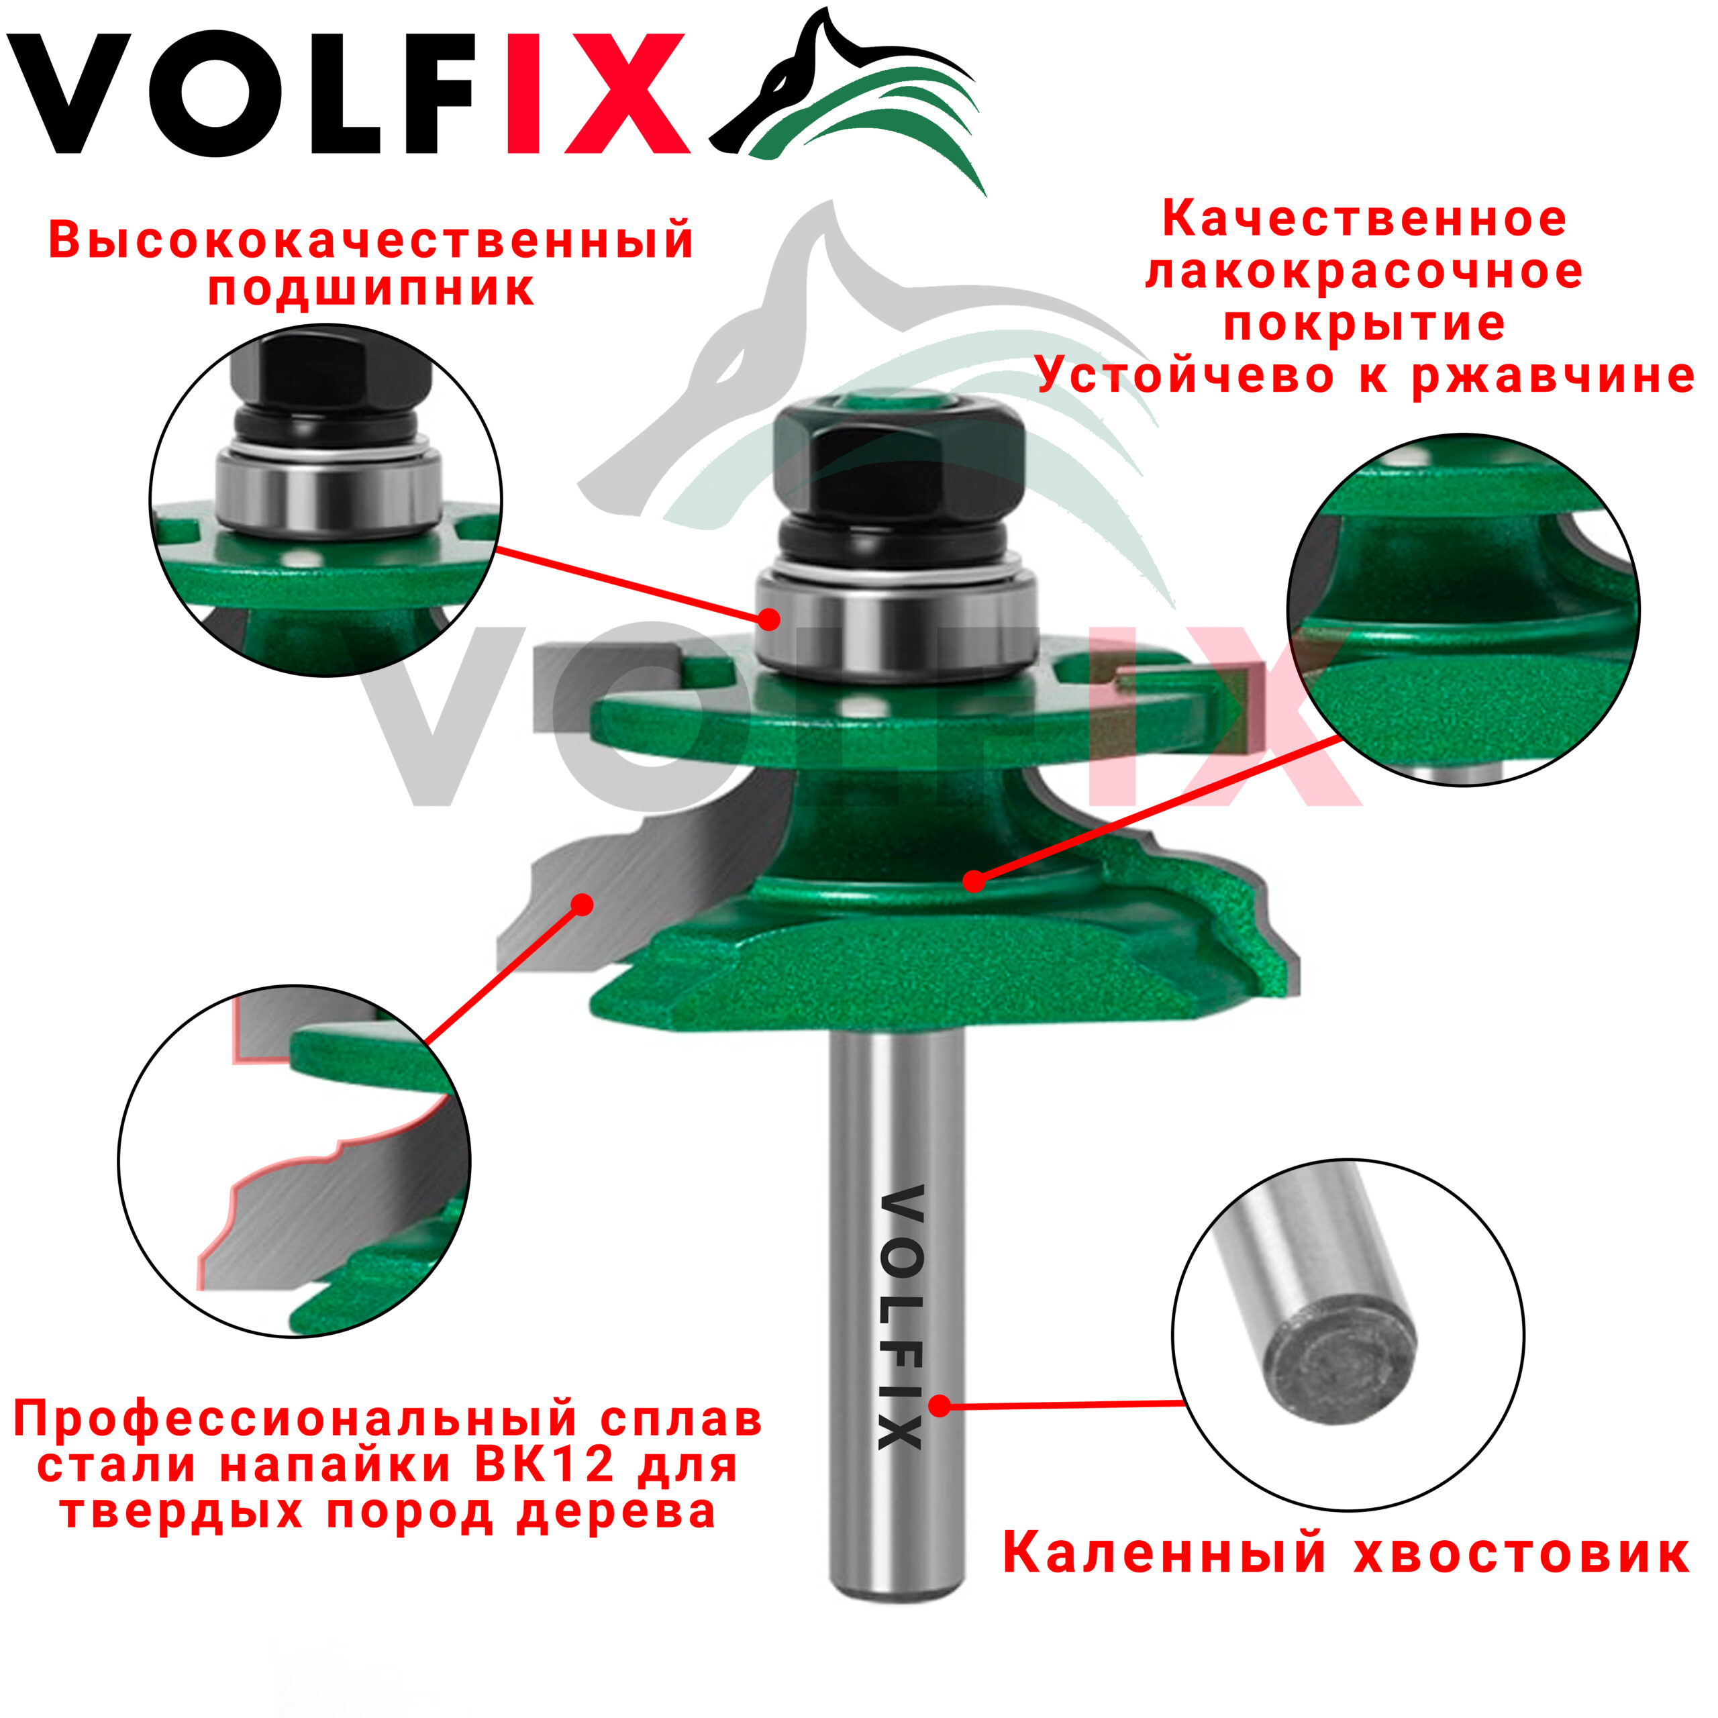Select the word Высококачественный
(371, 240)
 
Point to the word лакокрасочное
(1364, 272)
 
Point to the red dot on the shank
(940, 1405)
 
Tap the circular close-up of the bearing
(325, 500)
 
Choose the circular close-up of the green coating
(1464, 610)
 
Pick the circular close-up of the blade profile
(295, 1160)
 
